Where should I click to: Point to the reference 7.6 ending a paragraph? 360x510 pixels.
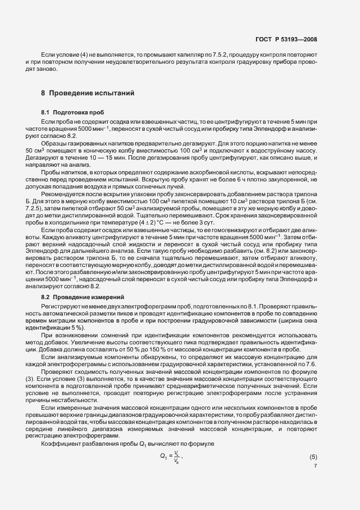click(x=307, y=363)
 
